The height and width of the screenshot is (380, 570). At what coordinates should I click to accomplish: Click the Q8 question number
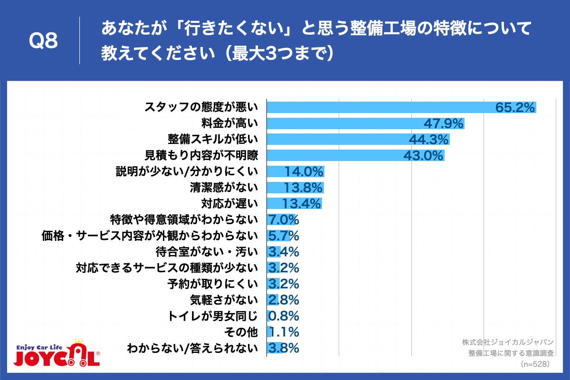pyautogui.click(x=43, y=41)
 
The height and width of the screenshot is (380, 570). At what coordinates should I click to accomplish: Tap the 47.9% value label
pyautogui.click(x=443, y=123)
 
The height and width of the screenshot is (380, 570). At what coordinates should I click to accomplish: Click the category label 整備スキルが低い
pyautogui.click(x=212, y=139)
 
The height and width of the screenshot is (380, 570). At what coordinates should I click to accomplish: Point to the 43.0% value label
pyautogui.click(x=423, y=155)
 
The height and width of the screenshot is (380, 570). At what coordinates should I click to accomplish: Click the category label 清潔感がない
pyautogui.click(x=223, y=188)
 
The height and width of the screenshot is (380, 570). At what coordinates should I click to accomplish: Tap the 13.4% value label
pyautogui.click(x=302, y=204)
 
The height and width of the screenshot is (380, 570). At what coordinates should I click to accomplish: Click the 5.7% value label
pyautogui.click(x=284, y=236)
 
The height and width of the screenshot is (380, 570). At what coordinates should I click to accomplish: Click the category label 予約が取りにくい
pyautogui.click(x=212, y=284)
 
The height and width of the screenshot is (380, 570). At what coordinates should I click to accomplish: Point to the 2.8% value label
pyautogui.click(x=284, y=300)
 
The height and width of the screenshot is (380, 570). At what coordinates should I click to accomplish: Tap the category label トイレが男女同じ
pyautogui.click(x=213, y=316)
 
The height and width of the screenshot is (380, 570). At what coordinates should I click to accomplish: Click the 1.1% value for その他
pyautogui.click(x=284, y=332)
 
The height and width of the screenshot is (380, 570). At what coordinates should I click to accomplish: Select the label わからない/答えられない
pyautogui.click(x=192, y=348)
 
